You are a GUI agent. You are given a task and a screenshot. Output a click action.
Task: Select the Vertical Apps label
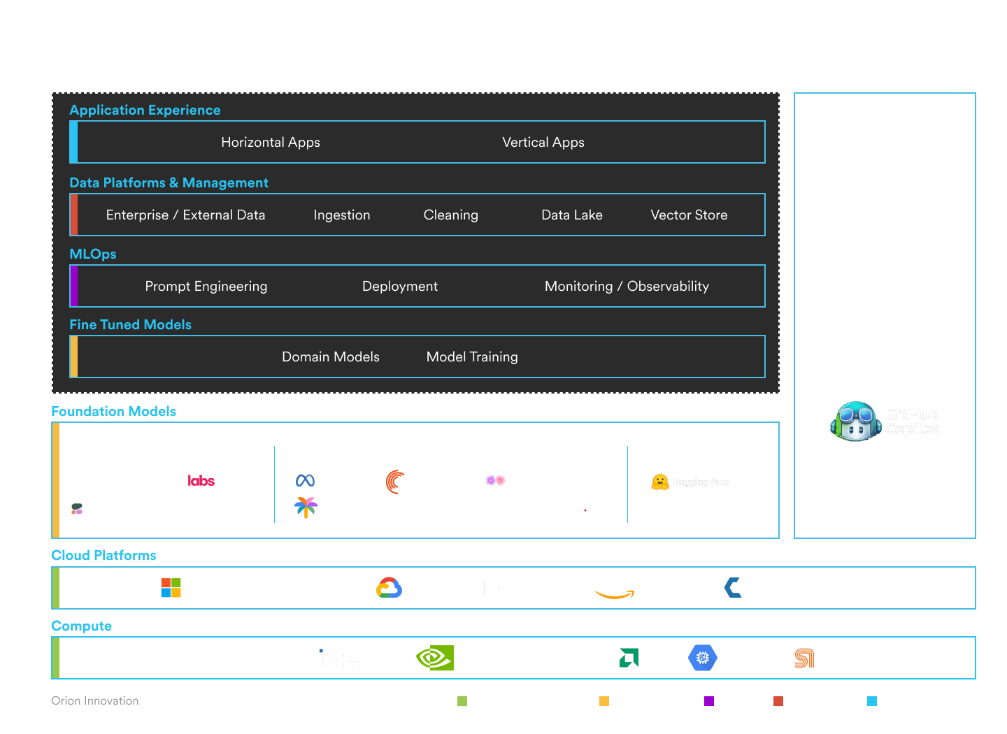click(543, 143)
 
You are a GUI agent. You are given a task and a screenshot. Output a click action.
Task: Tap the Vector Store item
click(689, 215)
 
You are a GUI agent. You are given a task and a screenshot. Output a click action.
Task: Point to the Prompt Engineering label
click(206, 287)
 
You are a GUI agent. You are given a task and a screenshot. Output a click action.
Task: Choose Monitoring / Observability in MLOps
click(627, 287)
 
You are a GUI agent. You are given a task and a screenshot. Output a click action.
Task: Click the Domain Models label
click(331, 357)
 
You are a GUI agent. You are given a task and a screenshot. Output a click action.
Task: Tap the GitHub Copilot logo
click(885, 422)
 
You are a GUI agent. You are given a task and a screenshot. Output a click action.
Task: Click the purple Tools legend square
click(709, 701)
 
